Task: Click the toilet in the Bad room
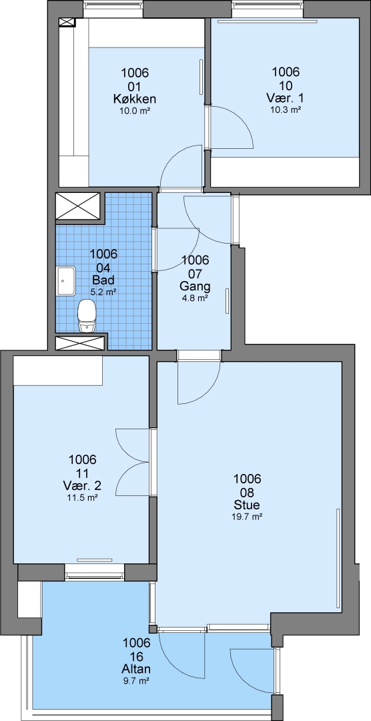click(x=86, y=316)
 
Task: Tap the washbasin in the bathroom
click(x=66, y=280)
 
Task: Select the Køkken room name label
click(x=135, y=98)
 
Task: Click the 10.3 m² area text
click(x=286, y=109)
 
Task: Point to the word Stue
click(x=247, y=505)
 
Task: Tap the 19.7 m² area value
click(x=247, y=516)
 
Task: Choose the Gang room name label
click(x=195, y=286)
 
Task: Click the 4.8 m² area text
click(x=195, y=298)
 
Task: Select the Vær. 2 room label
click(x=82, y=485)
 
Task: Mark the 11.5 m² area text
click(x=82, y=497)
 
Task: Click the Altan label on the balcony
click(x=137, y=669)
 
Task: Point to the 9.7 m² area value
click(x=137, y=680)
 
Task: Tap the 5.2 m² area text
click(x=103, y=291)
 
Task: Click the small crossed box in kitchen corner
click(x=67, y=22)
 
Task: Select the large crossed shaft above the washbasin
click(x=77, y=206)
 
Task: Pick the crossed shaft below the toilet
click(x=80, y=342)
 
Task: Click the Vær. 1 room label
click(x=285, y=98)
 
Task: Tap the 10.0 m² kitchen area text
click(x=135, y=110)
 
